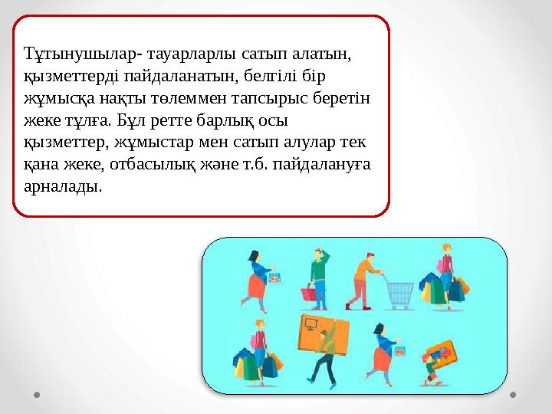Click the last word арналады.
(61, 186)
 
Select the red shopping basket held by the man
(308, 293)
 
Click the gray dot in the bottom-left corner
(38, 396)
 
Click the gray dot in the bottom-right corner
(514, 396)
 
